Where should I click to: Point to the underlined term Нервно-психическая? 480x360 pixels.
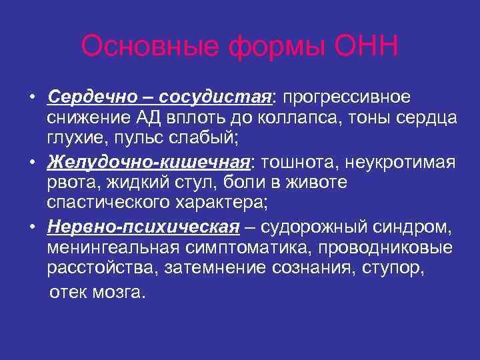[x=143, y=228]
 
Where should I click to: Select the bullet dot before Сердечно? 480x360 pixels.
[x=33, y=98]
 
